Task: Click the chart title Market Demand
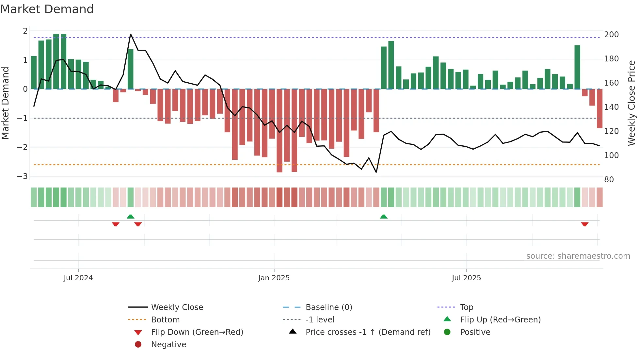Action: click(x=47, y=9)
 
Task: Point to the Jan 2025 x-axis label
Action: click(x=274, y=278)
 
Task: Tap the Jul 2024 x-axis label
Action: click(x=78, y=278)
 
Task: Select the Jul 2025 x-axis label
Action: click(x=466, y=278)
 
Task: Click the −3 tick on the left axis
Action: click(x=23, y=176)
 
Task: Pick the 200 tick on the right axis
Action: click(x=611, y=35)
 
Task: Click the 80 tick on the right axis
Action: click(x=609, y=180)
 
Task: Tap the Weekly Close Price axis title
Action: click(x=632, y=103)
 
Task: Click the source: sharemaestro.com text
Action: click(x=578, y=256)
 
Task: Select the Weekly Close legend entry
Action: click(x=177, y=307)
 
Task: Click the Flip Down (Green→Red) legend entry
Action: click(x=197, y=332)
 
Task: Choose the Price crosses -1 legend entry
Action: click(x=368, y=332)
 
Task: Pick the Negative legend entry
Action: click(x=168, y=345)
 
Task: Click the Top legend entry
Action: click(x=467, y=307)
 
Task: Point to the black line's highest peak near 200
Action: click(x=131, y=34)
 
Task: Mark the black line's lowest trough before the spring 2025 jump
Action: click(x=376, y=172)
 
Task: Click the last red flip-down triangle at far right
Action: click(x=584, y=224)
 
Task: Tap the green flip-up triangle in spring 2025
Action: click(x=384, y=217)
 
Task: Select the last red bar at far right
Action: click(x=600, y=108)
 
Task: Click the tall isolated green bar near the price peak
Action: click(x=131, y=69)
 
